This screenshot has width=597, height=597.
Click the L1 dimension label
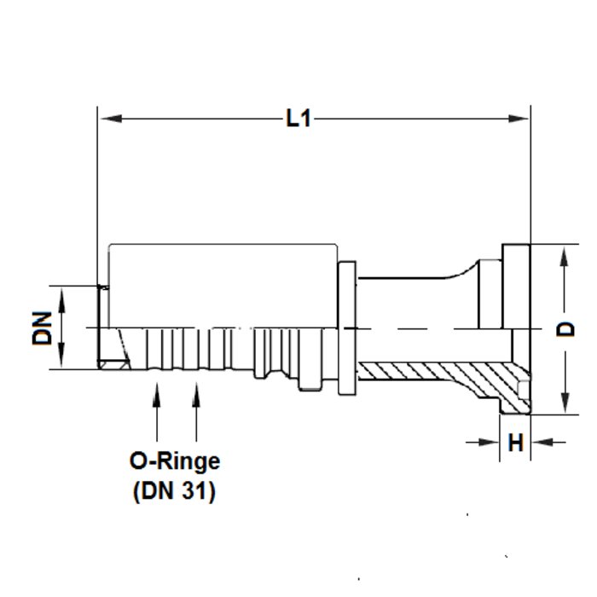pos(298,118)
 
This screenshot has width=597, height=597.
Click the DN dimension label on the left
pos(42,327)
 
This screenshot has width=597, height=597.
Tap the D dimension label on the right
pos(565,329)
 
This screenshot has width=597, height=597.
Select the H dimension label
pos(515,443)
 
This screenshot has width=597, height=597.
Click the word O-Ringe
pos(175,461)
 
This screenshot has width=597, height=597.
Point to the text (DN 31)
pos(174,491)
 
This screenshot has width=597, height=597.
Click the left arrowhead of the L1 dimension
pos(112,119)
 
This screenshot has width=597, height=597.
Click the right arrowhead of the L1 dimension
pos(518,119)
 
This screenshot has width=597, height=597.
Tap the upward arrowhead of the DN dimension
pos(61,298)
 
